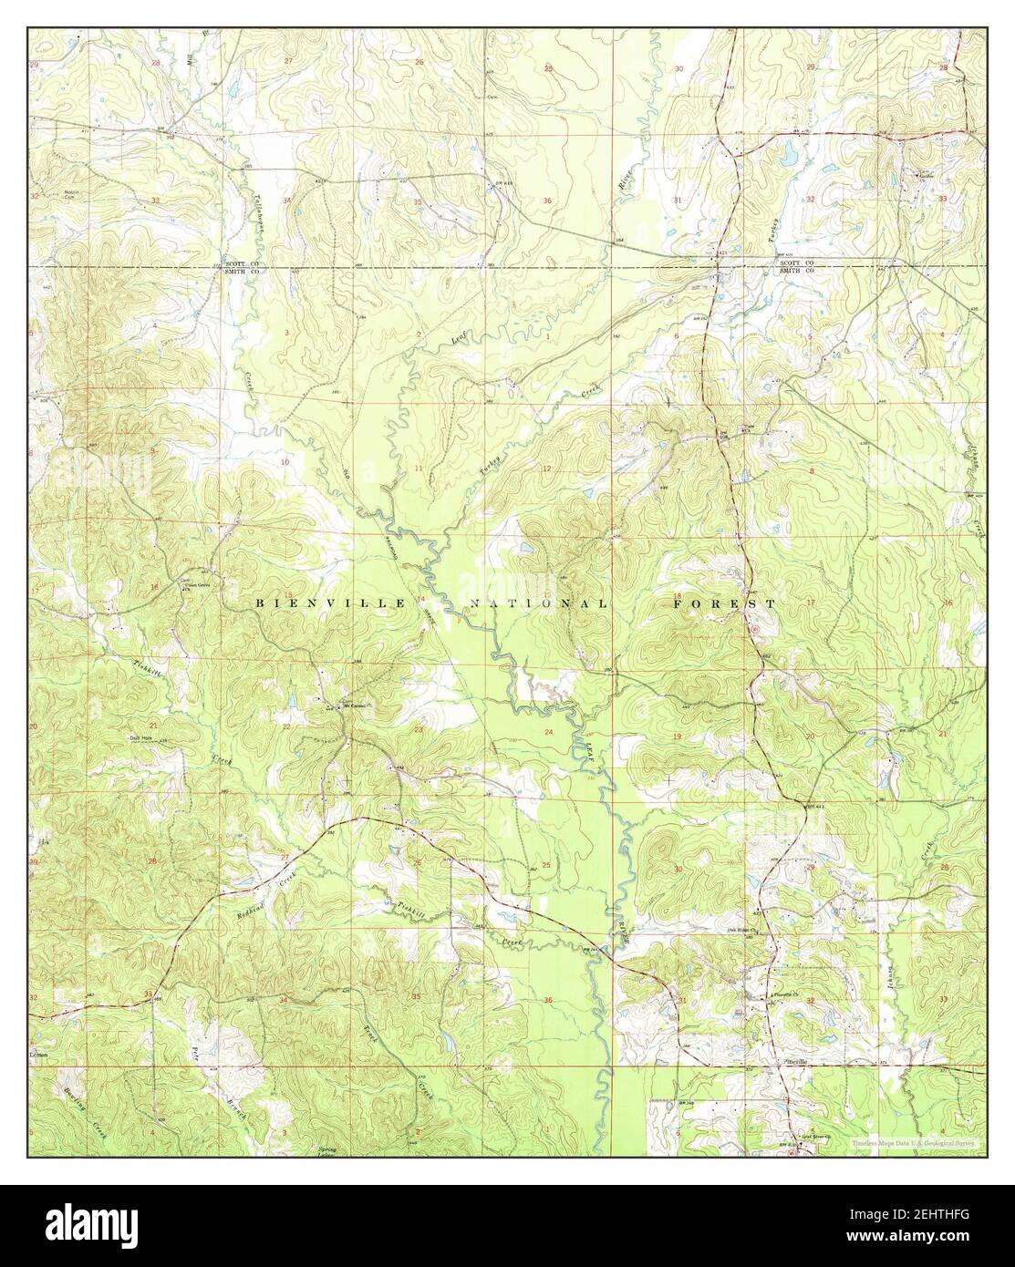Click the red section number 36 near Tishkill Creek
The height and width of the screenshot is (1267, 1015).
coord(548,1001)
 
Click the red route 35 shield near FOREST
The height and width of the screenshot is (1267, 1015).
coord(756,628)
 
